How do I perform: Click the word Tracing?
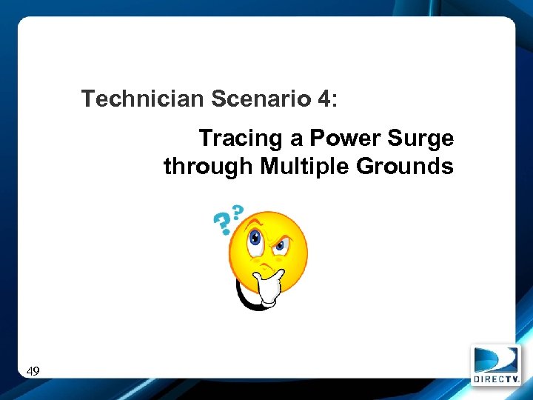tap(241, 139)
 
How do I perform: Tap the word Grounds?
tap(405, 167)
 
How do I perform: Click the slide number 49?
tap(33, 370)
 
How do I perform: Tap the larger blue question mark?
tap(221, 221)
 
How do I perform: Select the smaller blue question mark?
tap(238, 211)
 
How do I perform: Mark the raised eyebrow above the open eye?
tap(254, 222)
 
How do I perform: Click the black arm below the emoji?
tap(242, 296)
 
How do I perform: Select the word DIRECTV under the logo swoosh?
tap(496, 379)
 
